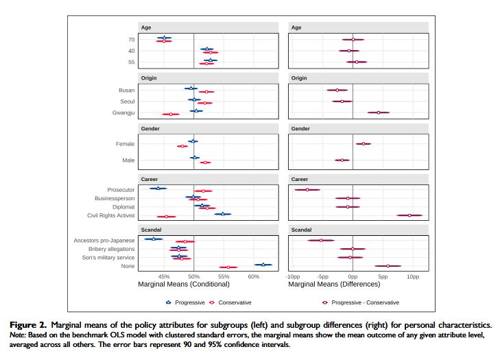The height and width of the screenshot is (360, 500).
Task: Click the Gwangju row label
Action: (x=124, y=113)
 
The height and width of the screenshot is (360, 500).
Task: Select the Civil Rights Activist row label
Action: (x=111, y=215)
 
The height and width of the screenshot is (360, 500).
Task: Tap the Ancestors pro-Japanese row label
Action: (x=104, y=241)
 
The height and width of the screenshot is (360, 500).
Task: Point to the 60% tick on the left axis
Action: (x=254, y=276)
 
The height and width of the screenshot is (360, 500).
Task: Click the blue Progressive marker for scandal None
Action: (x=263, y=264)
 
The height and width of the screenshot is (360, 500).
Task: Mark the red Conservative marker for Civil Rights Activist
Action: (x=167, y=217)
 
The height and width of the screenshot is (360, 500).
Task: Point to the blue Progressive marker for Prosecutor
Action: (x=158, y=188)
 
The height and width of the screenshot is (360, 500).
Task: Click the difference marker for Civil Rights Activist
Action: (x=409, y=215)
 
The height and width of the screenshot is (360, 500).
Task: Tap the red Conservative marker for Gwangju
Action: (x=170, y=114)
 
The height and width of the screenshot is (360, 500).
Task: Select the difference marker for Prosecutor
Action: (x=307, y=190)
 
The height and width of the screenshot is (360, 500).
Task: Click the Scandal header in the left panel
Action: (x=151, y=230)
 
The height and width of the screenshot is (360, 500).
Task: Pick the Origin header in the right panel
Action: (x=299, y=78)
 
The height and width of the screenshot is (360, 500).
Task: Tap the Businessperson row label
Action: (x=115, y=198)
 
